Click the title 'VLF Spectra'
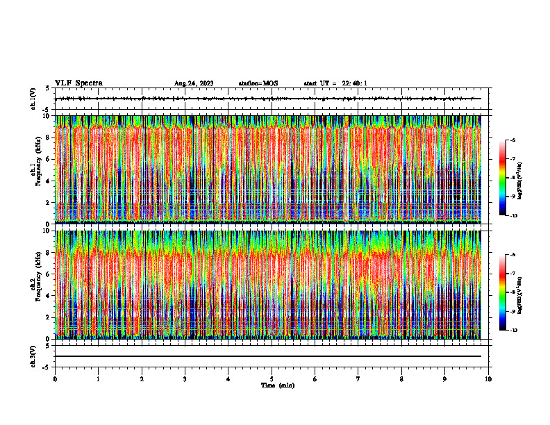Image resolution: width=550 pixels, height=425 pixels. (78, 83)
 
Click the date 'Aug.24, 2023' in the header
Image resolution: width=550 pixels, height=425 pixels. (194, 83)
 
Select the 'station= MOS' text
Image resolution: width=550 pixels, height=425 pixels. (258, 83)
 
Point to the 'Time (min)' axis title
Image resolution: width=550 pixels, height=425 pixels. (277, 385)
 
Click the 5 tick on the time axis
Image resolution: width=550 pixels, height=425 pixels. (272, 379)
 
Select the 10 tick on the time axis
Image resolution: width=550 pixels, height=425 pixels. (488, 379)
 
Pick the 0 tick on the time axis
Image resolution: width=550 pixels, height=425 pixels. (55, 379)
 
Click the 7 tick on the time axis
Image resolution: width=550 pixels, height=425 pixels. (358, 379)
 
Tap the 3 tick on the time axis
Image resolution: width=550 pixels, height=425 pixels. (185, 379)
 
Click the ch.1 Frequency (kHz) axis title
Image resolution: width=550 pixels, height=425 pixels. (35, 168)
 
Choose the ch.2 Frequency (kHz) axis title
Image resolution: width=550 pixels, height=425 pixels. (35, 283)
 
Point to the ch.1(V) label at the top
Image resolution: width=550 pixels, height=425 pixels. (33, 99)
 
